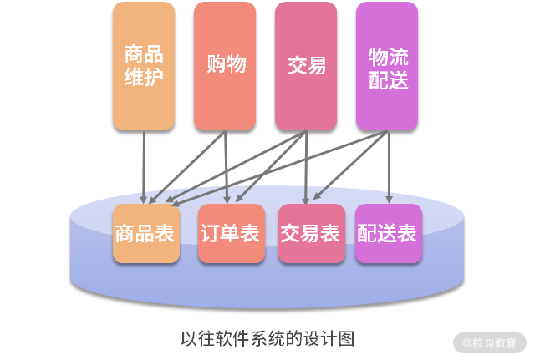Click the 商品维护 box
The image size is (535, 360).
click(x=144, y=66)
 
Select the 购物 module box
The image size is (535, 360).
click(x=225, y=66)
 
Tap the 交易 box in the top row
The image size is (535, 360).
click(x=306, y=66)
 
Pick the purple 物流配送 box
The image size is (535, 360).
click(x=387, y=66)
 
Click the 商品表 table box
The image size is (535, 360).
click(x=145, y=233)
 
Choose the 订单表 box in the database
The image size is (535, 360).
click(x=230, y=233)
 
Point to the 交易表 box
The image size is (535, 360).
click(x=311, y=233)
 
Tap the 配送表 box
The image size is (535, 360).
click(x=387, y=233)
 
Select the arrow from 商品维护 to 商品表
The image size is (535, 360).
click(x=145, y=167)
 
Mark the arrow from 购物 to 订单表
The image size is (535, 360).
click(x=227, y=167)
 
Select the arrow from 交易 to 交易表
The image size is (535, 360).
click(x=308, y=167)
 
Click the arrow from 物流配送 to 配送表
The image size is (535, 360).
click(x=389, y=167)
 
